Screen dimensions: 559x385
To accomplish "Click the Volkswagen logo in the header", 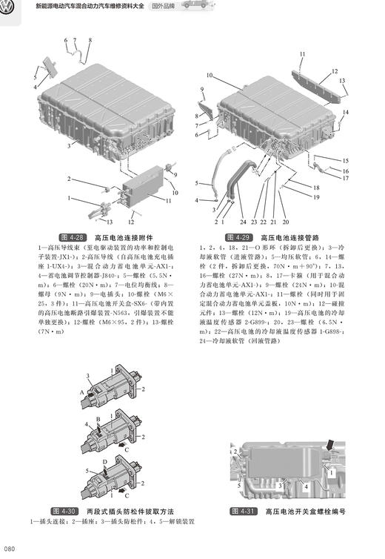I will coord(9,8).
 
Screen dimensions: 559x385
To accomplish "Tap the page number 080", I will coord(10,549).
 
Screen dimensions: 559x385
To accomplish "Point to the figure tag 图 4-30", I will coord(64,512).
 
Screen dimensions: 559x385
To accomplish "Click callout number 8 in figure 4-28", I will coord(90,39).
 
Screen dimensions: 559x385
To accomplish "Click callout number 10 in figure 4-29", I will coord(210,75).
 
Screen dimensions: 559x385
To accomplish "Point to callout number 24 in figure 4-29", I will coord(241,222).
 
